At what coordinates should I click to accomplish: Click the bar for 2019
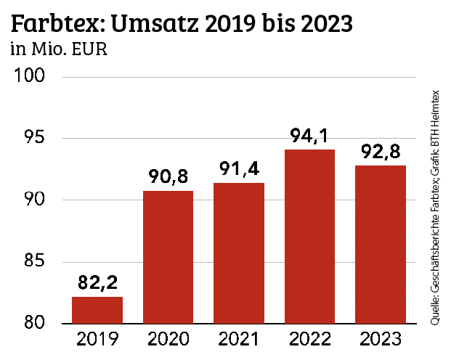97,310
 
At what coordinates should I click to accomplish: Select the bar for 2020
168,257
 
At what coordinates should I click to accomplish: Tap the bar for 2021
238,253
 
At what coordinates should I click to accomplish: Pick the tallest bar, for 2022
309,237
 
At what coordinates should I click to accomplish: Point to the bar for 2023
380,245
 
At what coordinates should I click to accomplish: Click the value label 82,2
97,283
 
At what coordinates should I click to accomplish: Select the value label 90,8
168,177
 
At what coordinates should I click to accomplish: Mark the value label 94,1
309,136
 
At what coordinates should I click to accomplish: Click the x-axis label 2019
97,340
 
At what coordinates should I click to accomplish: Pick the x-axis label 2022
309,340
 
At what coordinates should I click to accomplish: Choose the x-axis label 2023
380,340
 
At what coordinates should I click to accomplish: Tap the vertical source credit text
436,207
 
